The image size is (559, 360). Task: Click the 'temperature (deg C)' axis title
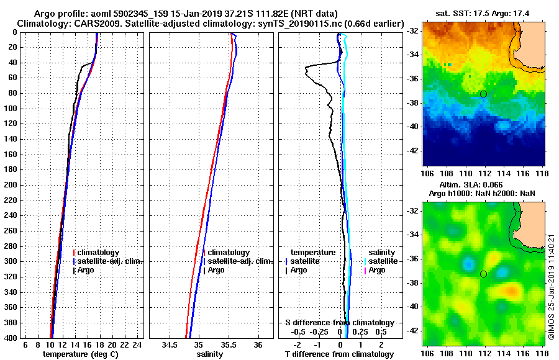point(80,354)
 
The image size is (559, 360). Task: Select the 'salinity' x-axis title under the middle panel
point(211,354)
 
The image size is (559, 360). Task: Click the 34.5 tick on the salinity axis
point(170,344)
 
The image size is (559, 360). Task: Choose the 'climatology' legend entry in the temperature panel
point(100,253)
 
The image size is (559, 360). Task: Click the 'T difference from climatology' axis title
point(339,354)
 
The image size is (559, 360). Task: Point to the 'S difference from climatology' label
point(339,323)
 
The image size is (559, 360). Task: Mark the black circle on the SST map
point(483,94)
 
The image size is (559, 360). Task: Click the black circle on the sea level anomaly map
point(483,274)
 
